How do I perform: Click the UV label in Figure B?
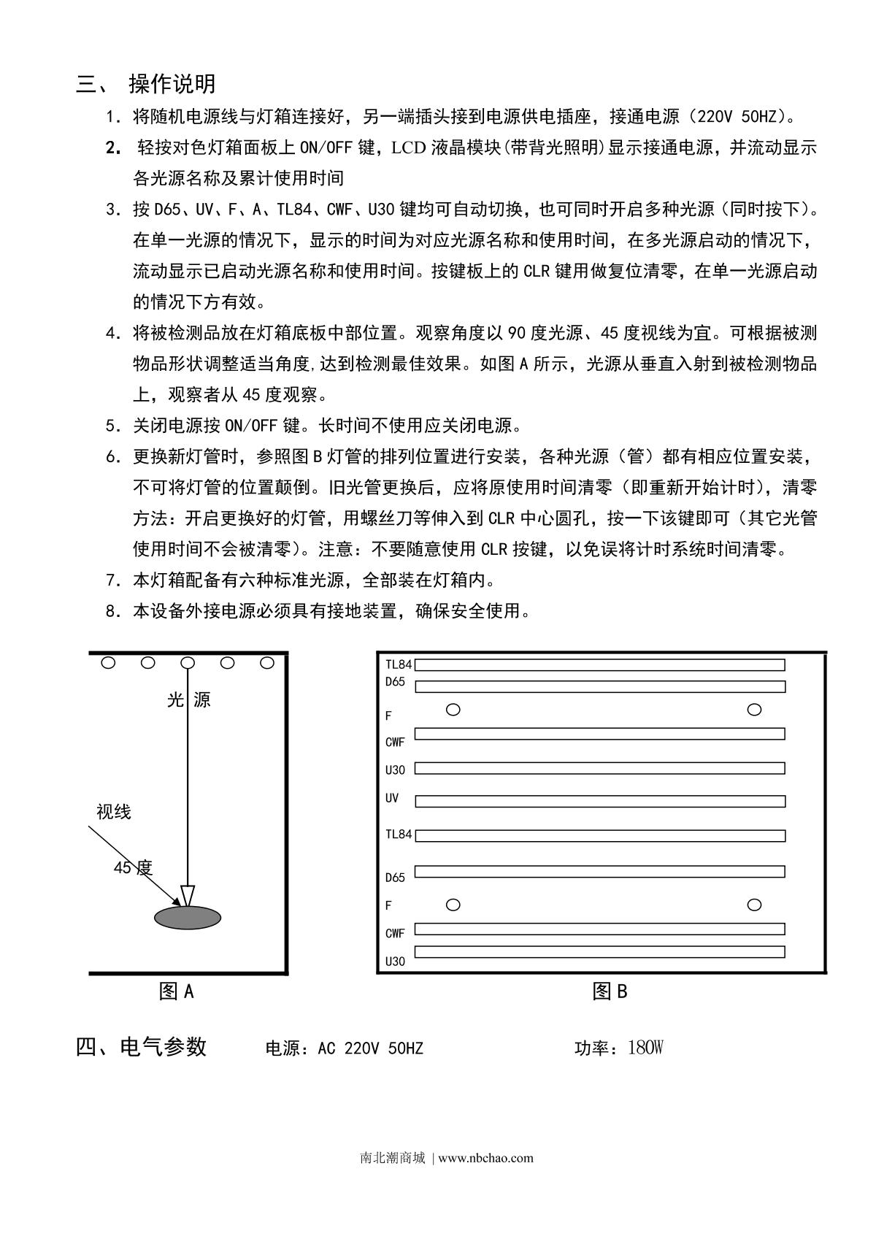click(x=392, y=798)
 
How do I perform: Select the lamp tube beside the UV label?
click(x=600, y=802)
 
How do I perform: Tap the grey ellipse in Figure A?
click(x=187, y=917)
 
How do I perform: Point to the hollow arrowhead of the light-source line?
click(x=188, y=895)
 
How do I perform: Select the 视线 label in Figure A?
click(x=113, y=812)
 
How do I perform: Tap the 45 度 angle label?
click(x=133, y=868)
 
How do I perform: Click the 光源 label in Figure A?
click(x=188, y=700)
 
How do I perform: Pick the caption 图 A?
click(x=177, y=991)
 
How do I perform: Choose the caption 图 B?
click(x=610, y=991)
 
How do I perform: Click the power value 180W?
click(x=645, y=1048)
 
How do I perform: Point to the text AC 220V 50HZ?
click(x=370, y=1049)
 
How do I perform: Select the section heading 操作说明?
click(x=172, y=84)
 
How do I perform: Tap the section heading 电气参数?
click(x=164, y=1047)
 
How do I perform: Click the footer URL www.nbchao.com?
click(x=486, y=1158)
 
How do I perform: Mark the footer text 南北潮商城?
click(x=393, y=1158)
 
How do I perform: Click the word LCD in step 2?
click(x=409, y=147)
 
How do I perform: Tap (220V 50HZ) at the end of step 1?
click(x=739, y=116)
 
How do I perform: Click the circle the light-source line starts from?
click(x=188, y=663)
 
